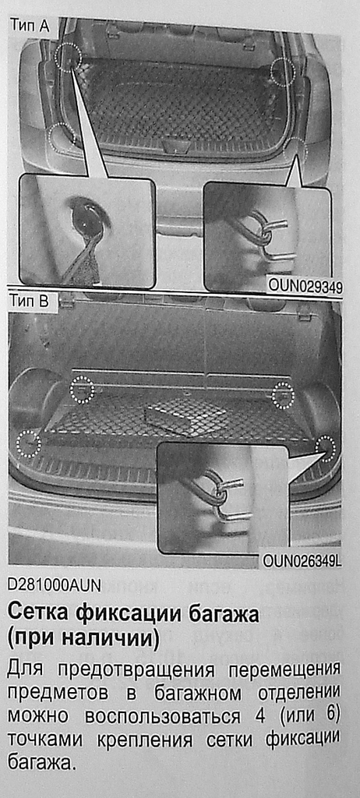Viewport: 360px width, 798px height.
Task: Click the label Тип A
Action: (x=30, y=26)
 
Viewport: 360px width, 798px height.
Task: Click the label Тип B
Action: (x=29, y=302)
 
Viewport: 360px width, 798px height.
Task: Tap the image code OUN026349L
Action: (x=302, y=561)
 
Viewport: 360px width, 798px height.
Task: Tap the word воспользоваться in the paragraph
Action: (x=163, y=718)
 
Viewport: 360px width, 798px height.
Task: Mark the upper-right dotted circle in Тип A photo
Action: (x=283, y=72)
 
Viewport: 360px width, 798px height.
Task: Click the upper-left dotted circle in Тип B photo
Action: (x=82, y=390)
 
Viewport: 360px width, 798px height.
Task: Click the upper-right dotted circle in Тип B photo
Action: (x=284, y=395)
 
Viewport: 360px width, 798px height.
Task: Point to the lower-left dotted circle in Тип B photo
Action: (x=29, y=443)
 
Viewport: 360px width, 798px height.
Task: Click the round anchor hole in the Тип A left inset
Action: (x=86, y=214)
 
